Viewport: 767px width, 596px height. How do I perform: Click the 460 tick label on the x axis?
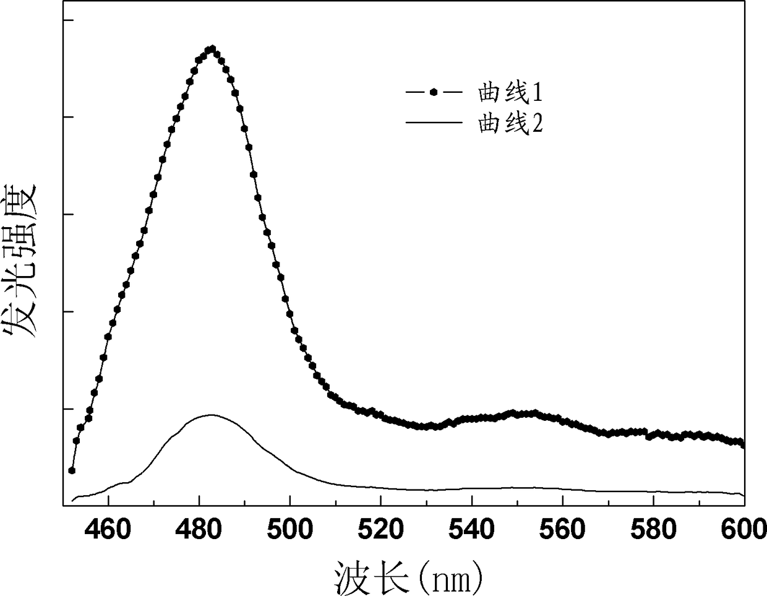tap(108, 530)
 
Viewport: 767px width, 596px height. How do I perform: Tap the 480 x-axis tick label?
tap(199, 530)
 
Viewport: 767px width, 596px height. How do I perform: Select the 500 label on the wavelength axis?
tap(289, 530)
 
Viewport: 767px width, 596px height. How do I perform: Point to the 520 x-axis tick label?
tap(381, 530)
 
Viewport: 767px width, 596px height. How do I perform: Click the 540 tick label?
tap(471, 530)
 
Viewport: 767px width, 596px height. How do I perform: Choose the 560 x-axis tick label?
tap(562, 530)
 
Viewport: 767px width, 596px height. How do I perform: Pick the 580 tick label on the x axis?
tap(653, 530)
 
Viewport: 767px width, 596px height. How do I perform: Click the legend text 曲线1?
tap(510, 93)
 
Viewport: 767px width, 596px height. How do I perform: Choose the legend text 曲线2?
tap(510, 123)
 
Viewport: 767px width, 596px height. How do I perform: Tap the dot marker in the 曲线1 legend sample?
tap(434, 92)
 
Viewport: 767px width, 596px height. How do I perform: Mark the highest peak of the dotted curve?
tap(212, 48)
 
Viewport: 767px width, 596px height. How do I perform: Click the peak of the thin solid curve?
tap(211, 415)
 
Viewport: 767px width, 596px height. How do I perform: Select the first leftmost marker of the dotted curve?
tap(72, 470)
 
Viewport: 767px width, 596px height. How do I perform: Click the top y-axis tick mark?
tap(69, 20)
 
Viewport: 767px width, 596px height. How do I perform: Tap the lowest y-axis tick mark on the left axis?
tap(69, 409)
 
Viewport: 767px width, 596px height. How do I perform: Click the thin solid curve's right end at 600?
tap(744, 496)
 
